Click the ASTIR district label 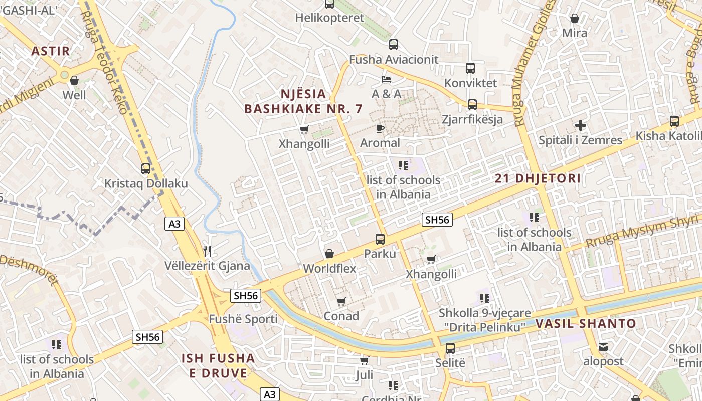[50, 51]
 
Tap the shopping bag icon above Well [74, 80]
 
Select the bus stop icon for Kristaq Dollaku [146, 169]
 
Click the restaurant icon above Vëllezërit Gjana [207, 251]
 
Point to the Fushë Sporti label [243, 319]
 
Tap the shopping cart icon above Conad [341, 301]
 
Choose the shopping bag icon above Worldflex [329, 254]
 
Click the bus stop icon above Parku [380, 239]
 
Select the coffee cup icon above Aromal [380, 128]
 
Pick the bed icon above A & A [386, 79]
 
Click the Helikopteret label [329, 18]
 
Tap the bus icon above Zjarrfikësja [472, 105]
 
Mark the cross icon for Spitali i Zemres [581, 125]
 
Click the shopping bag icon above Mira [575, 18]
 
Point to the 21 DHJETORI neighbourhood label [538, 178]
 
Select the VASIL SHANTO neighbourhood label [585, 324]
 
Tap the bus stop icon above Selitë [450, 348]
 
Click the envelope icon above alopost [603, 346]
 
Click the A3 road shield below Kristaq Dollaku [174, 224]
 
